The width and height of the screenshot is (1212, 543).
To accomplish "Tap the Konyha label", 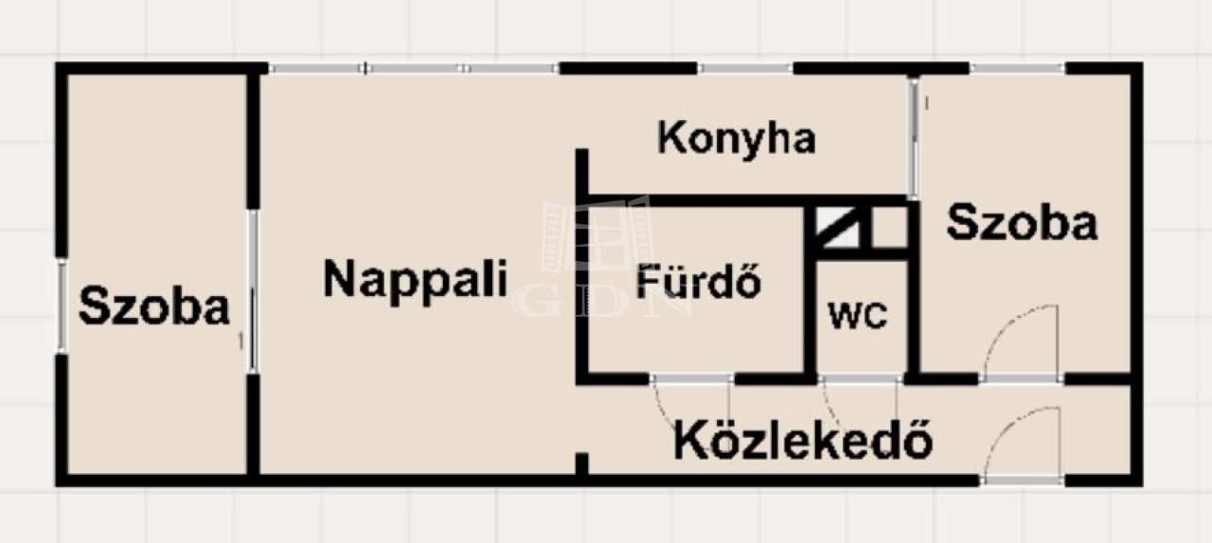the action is coord(737,139).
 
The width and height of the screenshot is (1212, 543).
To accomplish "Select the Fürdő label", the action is coord(699,280).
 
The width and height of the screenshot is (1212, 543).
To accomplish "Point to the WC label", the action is coord(858,315).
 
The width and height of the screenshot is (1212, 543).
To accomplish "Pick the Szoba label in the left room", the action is coord(154,307).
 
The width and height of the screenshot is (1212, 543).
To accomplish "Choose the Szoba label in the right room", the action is coord(1022,221).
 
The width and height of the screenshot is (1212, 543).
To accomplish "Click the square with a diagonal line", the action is coord(837,227).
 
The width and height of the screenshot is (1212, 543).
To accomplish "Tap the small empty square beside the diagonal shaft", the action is coord(889,227).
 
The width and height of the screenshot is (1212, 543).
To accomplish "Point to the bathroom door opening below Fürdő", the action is coord(691,379).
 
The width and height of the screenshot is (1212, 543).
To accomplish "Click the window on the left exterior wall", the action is coord(62,306).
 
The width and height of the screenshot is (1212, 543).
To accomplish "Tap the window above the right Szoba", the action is coord(1017,69).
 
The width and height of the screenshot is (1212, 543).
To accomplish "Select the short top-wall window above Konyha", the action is coord(745,69).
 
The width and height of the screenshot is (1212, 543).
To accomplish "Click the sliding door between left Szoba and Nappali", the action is coord(253,291).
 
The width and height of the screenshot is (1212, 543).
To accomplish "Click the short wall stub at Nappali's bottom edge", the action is coord(581,464).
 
